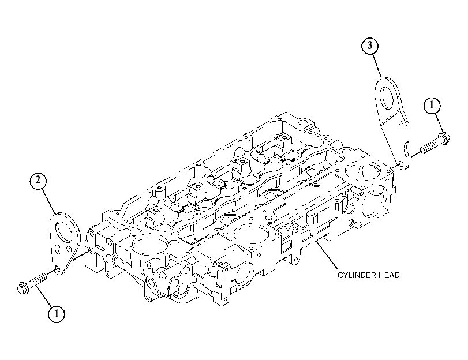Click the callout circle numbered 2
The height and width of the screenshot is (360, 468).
coord(38,181)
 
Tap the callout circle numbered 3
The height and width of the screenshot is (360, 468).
coord(370,46)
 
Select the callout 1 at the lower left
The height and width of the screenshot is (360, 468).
coord(57,314)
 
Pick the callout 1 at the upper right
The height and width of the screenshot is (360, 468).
coord(432,106)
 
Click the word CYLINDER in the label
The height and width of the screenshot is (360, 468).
coord(355,275)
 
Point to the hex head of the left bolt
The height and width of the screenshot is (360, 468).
coord(23,288)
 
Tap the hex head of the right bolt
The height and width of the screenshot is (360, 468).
coord(444,139)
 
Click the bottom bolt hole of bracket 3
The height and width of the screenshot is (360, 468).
coord(401,164)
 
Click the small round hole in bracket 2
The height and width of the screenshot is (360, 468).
coord(69,248)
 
